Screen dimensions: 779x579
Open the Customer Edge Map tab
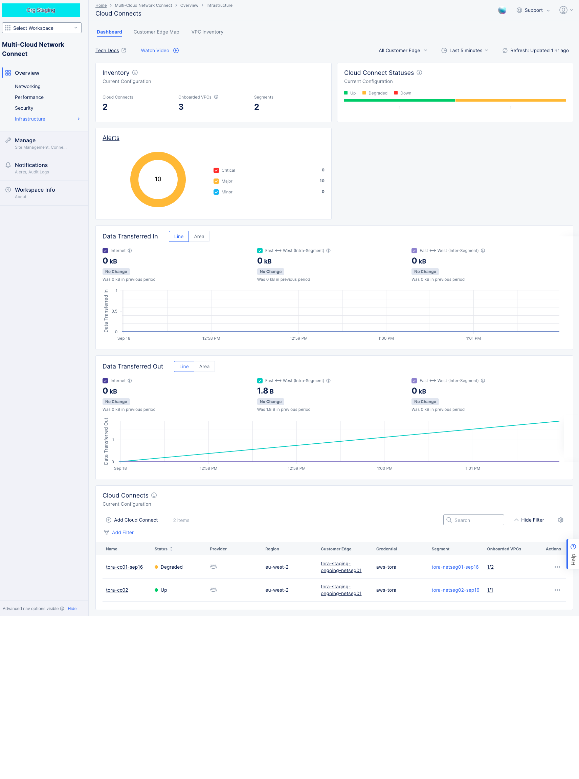point(156,32)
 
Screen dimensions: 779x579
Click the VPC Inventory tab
point(207,32)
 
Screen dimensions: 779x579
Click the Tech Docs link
point(107,50)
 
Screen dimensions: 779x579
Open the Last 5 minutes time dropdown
point(465,50)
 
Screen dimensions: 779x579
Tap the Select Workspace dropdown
point(42,28)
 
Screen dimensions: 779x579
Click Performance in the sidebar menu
point(29,97)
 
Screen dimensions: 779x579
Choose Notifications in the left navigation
point(31,165)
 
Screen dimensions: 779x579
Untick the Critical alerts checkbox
point(216,170)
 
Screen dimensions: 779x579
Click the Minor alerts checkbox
point(216,192)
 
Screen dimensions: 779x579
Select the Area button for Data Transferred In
point(199,236)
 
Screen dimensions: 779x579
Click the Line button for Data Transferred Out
point(184,366)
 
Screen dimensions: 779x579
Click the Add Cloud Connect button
point(132,520)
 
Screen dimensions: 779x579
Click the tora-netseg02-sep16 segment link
point(455,590)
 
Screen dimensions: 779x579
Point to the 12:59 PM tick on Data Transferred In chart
point(298,338)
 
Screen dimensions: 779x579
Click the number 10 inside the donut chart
point(158,179)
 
